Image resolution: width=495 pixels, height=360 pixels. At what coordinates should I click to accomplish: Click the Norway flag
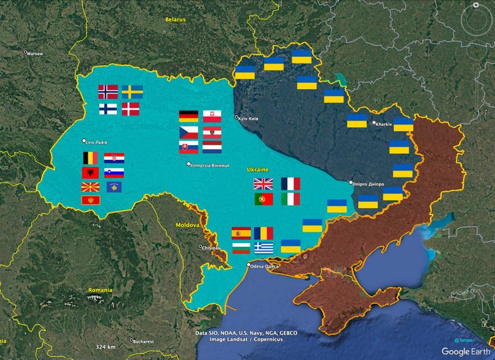coord(108,92)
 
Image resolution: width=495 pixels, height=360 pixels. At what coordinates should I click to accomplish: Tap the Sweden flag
coord(132,92)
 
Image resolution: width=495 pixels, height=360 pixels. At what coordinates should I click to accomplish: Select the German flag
coord(188,116)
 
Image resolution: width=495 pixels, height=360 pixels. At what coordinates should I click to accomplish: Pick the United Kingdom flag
coord(263,184)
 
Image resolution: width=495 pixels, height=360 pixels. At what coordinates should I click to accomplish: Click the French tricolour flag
coord(290,184)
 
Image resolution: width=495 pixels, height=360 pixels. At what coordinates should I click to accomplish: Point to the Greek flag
coord(264,248)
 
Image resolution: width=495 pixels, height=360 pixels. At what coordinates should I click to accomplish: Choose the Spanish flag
coord(241,234)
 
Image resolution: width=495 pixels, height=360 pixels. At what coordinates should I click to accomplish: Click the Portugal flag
coord(263,199)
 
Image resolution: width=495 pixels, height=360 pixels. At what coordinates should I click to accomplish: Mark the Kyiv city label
coord(248,119)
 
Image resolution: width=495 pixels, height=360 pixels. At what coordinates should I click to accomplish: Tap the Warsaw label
coord(34,53)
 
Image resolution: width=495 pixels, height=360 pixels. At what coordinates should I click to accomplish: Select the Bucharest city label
coord(142,341)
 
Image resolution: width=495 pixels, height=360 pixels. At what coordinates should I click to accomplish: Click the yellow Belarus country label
coord(176,19)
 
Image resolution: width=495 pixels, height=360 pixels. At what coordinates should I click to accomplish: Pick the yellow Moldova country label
coord(187,226)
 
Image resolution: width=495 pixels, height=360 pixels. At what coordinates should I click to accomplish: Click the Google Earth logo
coord(466,351)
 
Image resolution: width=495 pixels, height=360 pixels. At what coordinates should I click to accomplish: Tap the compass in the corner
coord(476,19)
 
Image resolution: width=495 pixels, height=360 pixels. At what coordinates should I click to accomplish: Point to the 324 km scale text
coord(106,347)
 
